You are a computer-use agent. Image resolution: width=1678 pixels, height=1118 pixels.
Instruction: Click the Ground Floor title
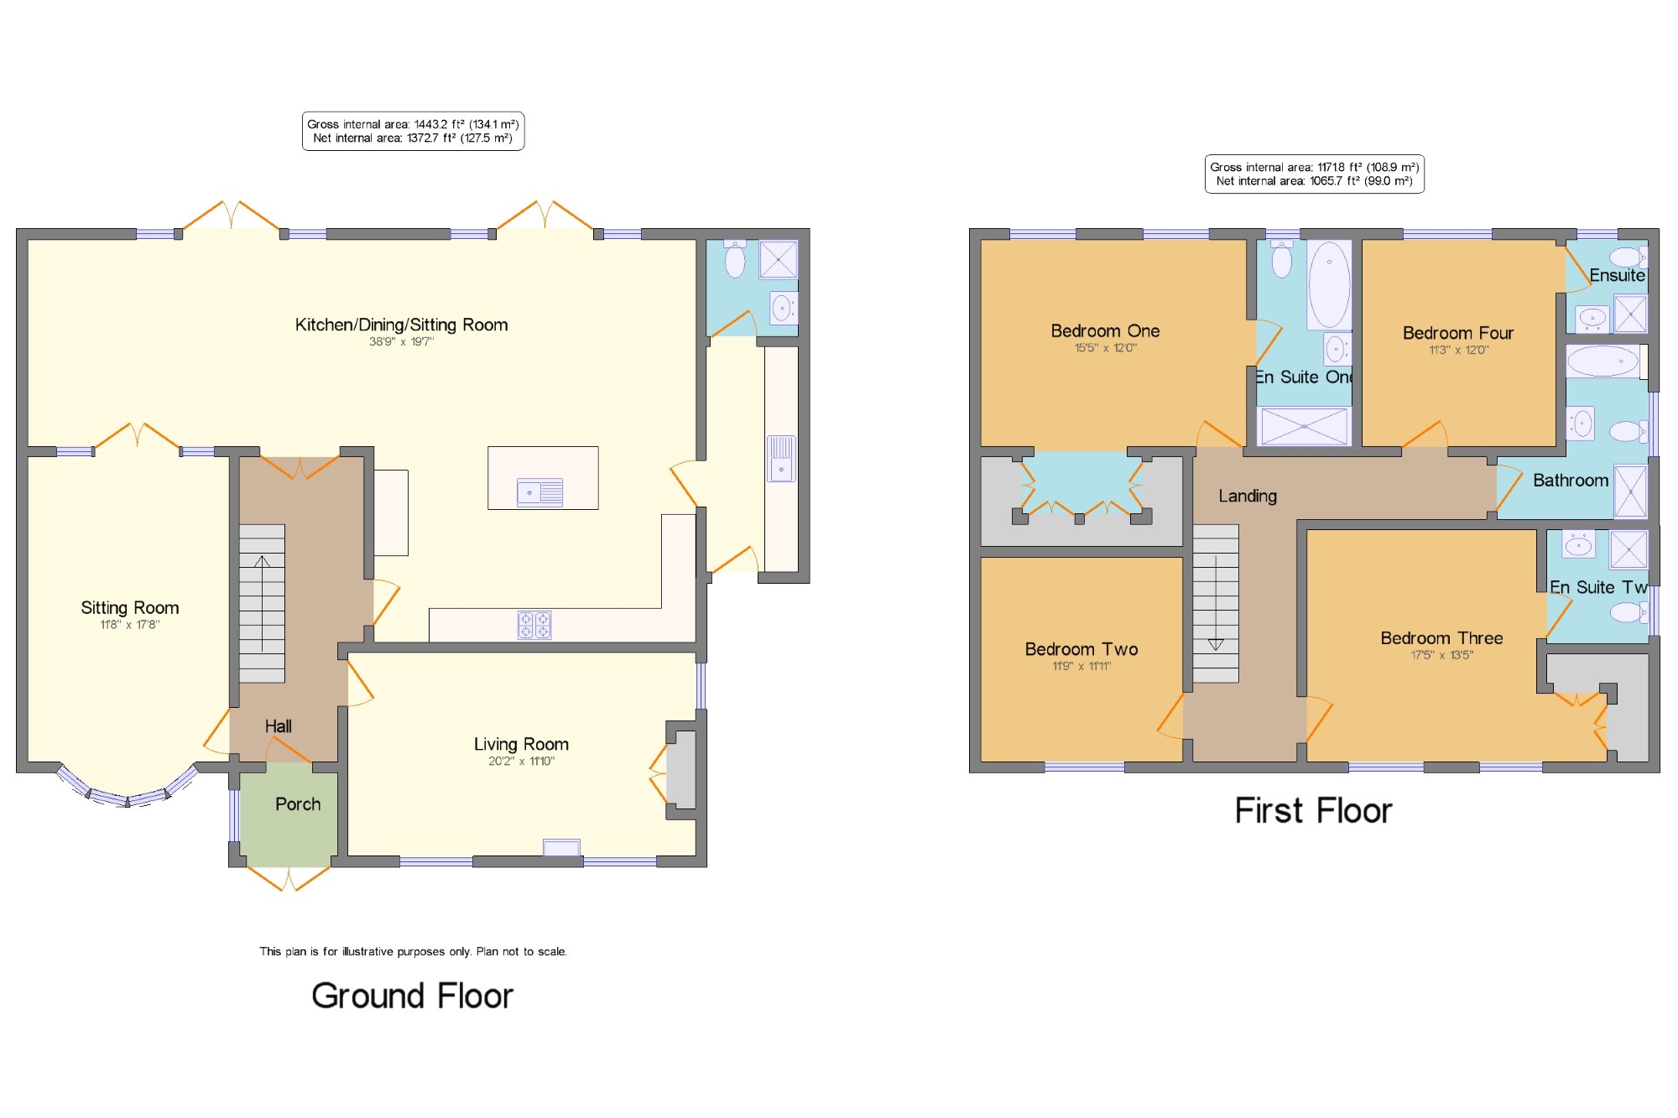tap(412, 996)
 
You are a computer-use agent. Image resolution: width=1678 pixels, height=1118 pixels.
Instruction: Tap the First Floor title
tap(1313, 810)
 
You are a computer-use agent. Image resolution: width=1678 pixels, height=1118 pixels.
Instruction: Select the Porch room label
tap(298, 804)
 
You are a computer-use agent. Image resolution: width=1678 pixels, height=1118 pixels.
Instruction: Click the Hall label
tap(279, 726)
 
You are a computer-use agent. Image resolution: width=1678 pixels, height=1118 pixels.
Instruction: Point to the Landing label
tap(1248, 496)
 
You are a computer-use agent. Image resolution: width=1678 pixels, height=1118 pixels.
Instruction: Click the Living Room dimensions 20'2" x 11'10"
tap(521, 762)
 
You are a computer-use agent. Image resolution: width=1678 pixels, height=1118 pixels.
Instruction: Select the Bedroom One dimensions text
tap(1106, 348)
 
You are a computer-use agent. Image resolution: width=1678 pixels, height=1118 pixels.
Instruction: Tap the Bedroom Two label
tap(1081, 649)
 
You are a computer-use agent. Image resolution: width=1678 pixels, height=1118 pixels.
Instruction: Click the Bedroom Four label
tap(1458, 333)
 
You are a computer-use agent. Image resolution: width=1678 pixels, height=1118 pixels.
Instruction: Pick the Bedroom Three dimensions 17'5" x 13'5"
tap(1441, 655)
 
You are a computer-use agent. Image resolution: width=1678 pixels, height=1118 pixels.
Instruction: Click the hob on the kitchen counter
tap(534, 625)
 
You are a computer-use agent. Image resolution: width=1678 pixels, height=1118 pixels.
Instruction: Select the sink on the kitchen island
tap(540, 492)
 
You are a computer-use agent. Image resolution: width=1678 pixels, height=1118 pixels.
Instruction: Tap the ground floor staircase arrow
tap(262, 604)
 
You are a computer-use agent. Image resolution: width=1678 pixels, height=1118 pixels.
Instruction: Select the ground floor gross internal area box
tap(413, 131)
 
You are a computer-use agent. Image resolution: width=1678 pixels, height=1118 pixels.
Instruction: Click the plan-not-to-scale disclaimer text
tap(413, 951)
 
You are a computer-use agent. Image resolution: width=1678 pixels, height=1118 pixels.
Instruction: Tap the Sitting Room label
tap(130, 607)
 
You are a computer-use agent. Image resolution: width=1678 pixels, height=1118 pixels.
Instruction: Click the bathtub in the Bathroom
tap(1603, 361)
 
